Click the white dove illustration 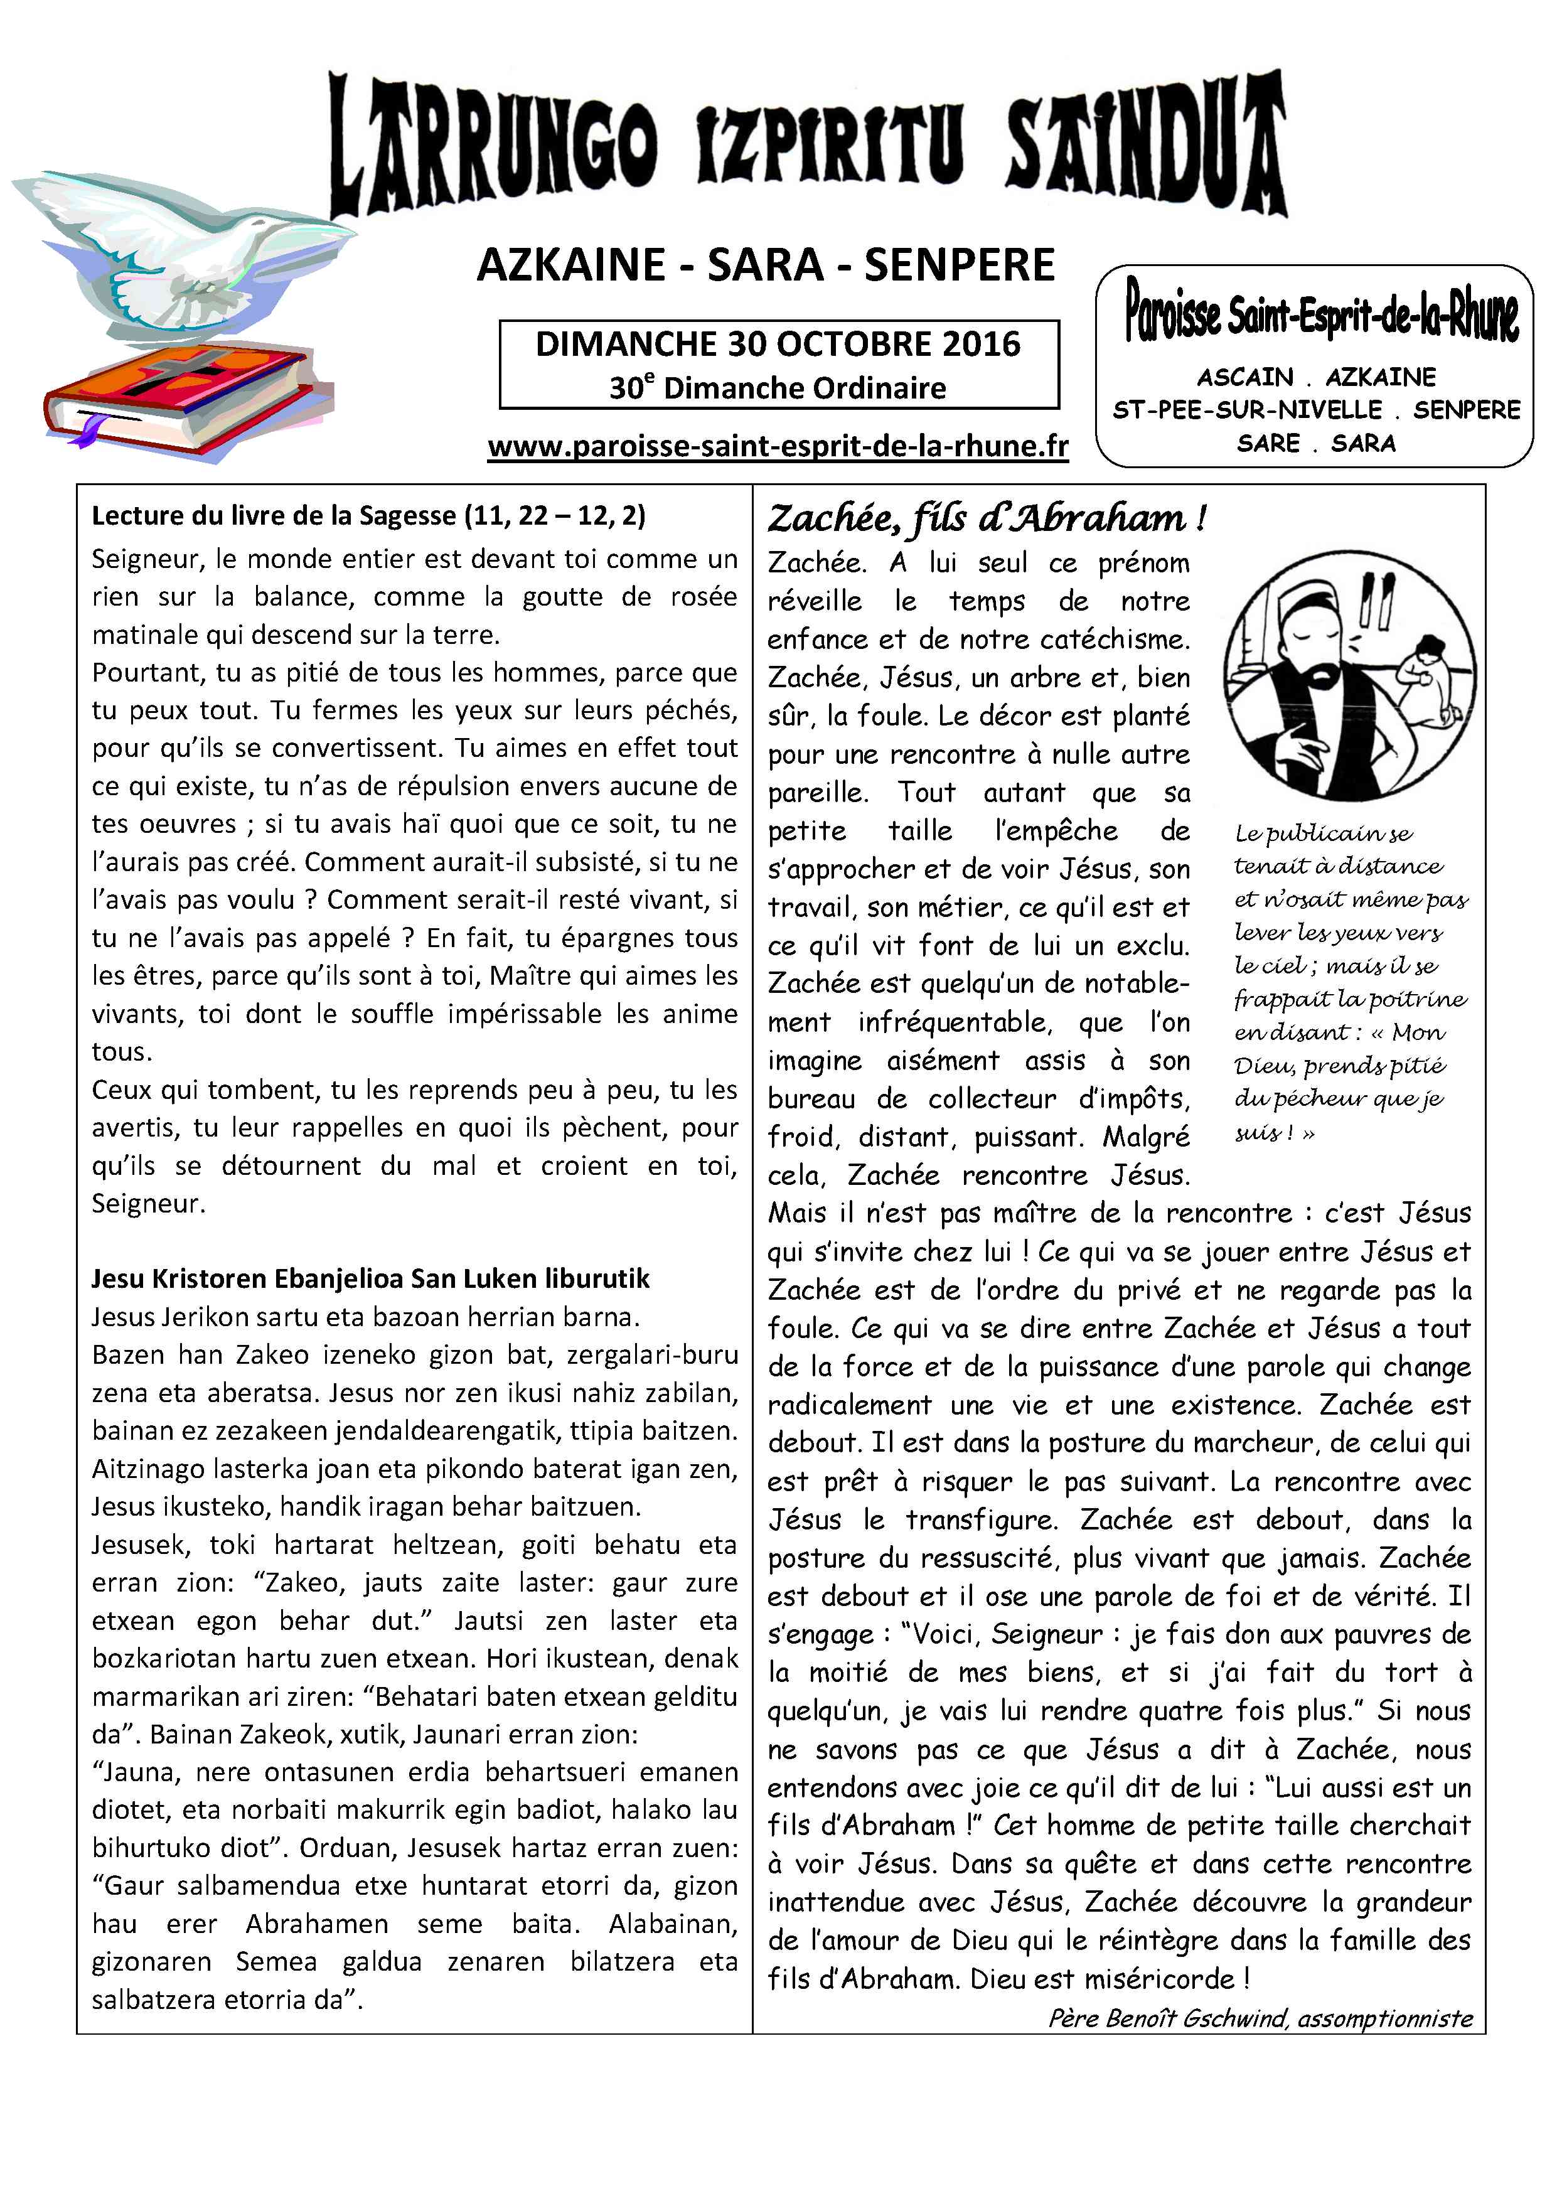point(182,254)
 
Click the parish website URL point(778,447)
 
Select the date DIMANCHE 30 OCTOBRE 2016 point(778,344)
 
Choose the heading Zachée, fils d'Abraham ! point(985,518)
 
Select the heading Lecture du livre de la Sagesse point(368,516)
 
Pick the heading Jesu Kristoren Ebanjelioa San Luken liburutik point(370,1279)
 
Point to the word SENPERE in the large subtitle point(959,265)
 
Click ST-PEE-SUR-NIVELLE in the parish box point(1246,410)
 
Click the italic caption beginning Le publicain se point(1350,983)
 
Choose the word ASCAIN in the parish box point(1244,377)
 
